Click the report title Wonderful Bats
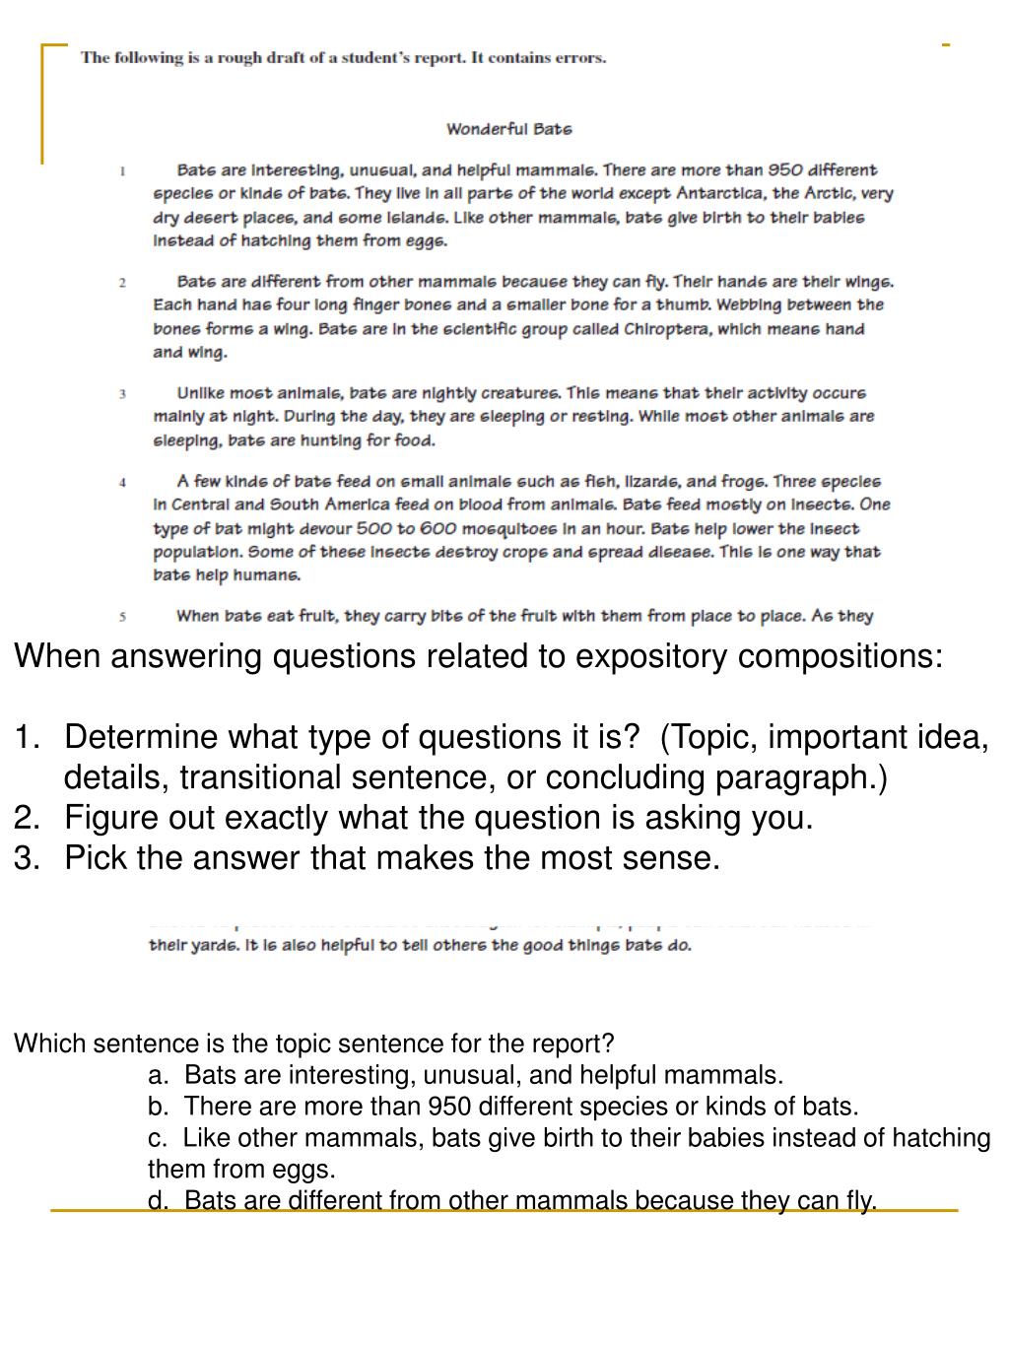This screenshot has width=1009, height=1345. pos(508,129)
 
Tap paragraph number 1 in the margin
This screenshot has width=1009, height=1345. pos(122,171)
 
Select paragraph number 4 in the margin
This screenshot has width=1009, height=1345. pos(122,483)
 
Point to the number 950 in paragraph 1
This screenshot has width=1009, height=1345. pos(788,170)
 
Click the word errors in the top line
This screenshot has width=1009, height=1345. pos(580,57)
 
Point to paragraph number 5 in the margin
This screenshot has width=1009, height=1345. pos(122,618)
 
